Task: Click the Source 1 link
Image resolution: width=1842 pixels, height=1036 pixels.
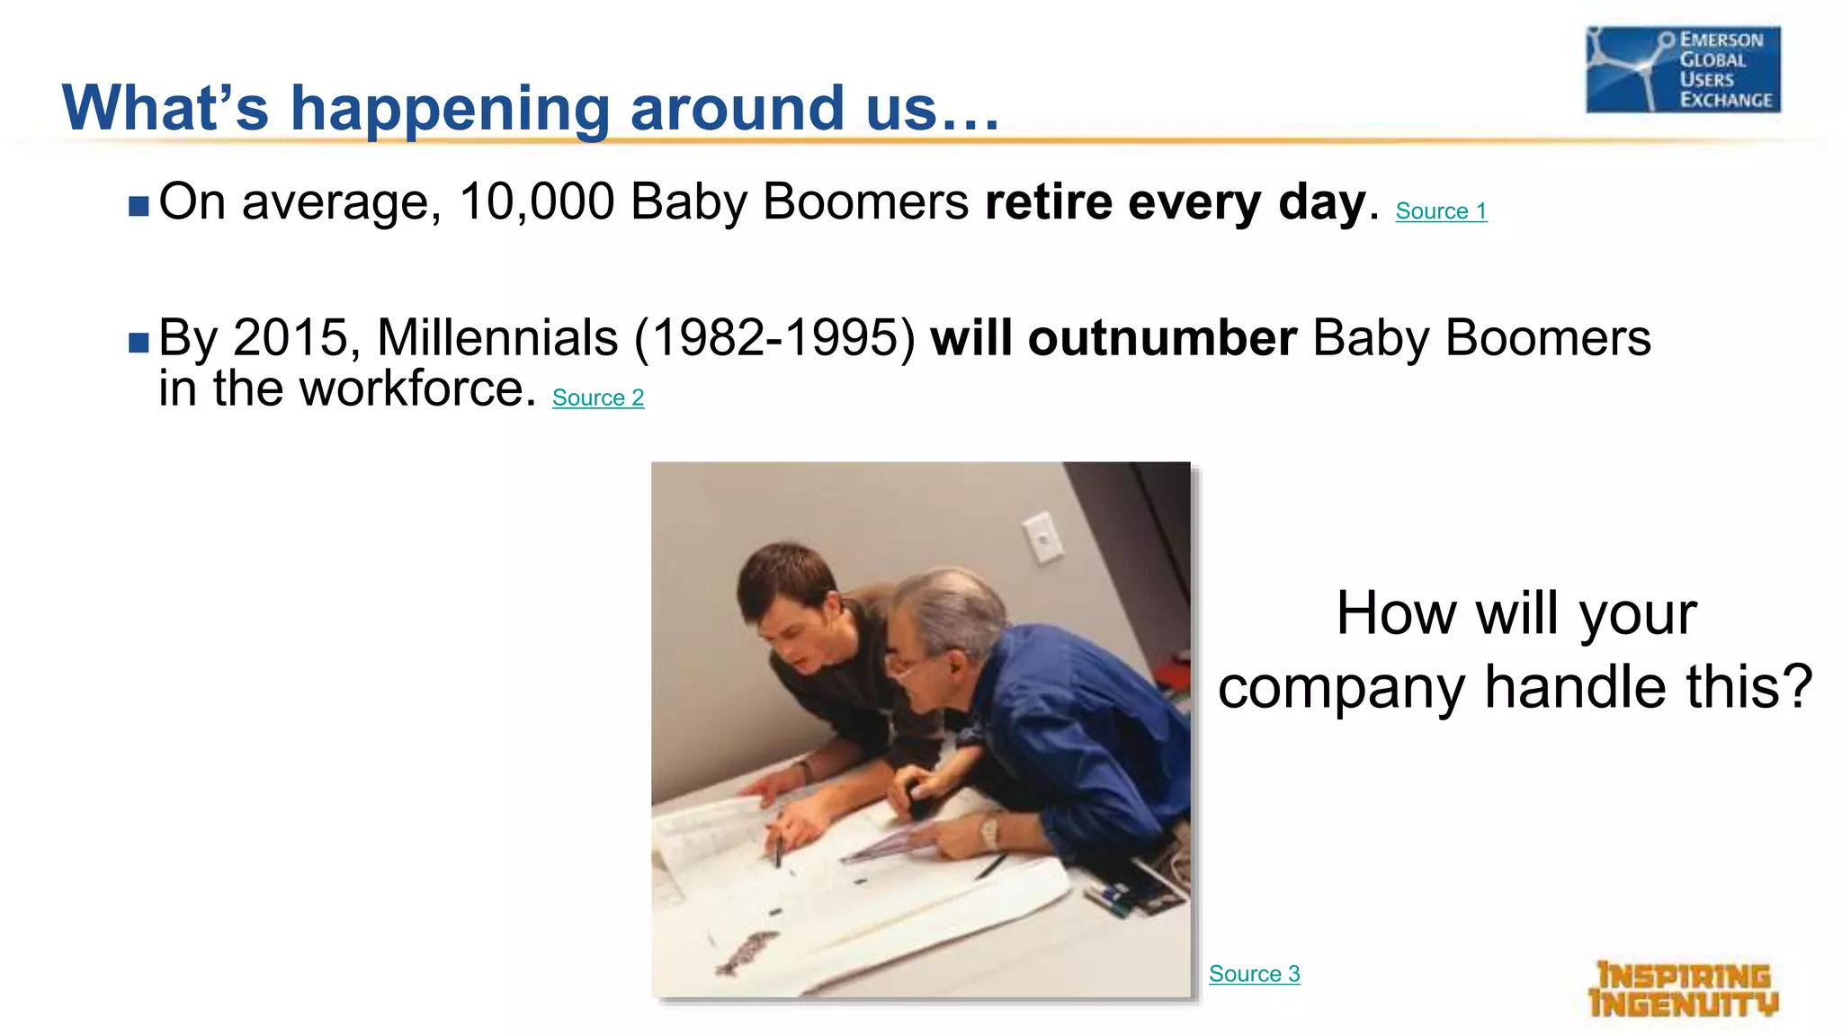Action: (1441, 211)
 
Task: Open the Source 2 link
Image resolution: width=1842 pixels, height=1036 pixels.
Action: (598, 397)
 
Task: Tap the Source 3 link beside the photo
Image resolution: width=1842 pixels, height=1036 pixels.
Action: (1254, 974)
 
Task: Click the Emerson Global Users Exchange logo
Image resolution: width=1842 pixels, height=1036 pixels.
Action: (1683, 70)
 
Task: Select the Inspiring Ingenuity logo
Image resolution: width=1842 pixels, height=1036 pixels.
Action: (1683, 990)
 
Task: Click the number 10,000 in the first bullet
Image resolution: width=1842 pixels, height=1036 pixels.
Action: (537, 201)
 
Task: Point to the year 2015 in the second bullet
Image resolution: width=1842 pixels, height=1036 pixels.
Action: (290, 338)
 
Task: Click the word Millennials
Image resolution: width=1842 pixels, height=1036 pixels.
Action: (497, 338)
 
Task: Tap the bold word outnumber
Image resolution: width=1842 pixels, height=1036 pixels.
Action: (1162, 338)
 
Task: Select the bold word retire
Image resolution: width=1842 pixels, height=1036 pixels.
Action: (1048, 201)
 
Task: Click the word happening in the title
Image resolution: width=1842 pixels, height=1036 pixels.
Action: (450, 109)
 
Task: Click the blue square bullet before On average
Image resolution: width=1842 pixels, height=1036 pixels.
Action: (139, 207)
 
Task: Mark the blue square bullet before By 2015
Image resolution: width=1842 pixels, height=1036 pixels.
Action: (139, 343)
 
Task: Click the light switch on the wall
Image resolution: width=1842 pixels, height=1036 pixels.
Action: (1042, 538)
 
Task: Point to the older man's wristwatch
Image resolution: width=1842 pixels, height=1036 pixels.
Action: (989, 831)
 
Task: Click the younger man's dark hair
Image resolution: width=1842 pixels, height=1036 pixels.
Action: (782, 576)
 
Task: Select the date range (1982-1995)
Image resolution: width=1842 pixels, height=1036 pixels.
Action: (774, 338)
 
